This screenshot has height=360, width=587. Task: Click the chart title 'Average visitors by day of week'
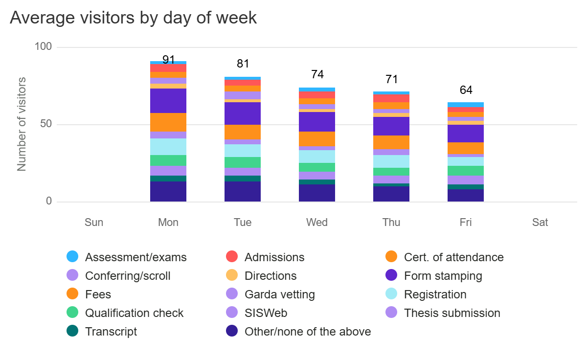tap(133, 18)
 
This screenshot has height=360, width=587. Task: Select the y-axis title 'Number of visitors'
tap(22, 124)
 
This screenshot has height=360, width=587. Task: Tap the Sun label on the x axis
tap(94, 223)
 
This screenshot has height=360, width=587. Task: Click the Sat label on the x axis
tap(540, 223)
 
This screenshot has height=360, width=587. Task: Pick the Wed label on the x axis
tap(317, 223)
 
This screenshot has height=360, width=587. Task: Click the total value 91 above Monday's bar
tap(169, 60)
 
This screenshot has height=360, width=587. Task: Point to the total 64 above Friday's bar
tap(466, 90)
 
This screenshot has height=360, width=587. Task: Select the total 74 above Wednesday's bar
tap(317, 74)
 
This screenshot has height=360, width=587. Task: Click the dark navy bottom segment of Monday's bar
tap(168, 191)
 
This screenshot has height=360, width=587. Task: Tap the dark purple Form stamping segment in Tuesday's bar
tap(243, 113)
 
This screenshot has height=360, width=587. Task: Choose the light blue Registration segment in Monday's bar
tap(168, 147)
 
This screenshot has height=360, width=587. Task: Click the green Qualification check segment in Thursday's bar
tap(391, 172)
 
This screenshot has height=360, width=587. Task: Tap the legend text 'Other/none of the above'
tap(308, 332)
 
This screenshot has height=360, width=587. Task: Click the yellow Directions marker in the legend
tap(232, 276)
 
